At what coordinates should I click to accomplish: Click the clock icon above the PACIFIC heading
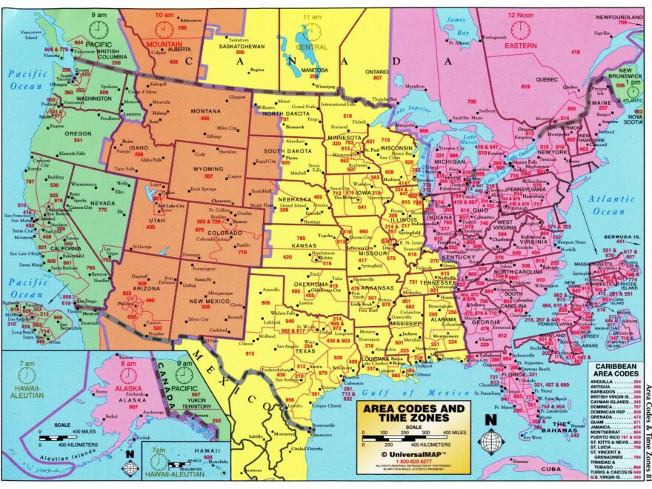98,29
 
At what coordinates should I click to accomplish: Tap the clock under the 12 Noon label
519,30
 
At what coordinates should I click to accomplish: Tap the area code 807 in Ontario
377,77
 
